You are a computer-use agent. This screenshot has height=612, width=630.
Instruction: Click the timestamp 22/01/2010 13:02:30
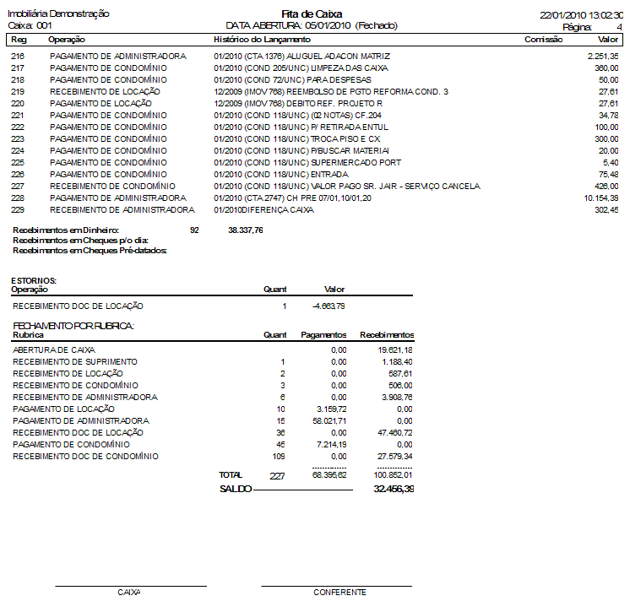583,15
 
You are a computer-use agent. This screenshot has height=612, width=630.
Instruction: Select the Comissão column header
544,40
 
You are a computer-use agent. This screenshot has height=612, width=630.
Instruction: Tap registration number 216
18,56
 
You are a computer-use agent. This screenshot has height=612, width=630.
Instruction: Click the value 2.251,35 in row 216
602,56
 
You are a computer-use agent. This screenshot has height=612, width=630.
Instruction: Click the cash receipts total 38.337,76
246,230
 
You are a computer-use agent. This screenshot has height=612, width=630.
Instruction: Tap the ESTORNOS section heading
34,280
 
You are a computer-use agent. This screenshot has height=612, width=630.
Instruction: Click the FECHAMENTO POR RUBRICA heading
74,325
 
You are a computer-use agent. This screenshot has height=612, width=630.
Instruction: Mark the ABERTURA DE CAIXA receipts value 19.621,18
395,349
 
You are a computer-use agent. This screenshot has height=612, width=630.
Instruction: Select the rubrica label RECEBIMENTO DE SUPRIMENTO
74,361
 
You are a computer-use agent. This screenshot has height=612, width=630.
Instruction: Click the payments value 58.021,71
329,420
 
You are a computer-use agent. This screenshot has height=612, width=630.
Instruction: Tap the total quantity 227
278,476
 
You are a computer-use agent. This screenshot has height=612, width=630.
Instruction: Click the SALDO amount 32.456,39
394,489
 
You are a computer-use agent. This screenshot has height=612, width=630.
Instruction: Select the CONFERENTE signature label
339,593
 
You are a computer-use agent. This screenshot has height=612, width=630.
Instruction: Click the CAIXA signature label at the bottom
129,593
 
